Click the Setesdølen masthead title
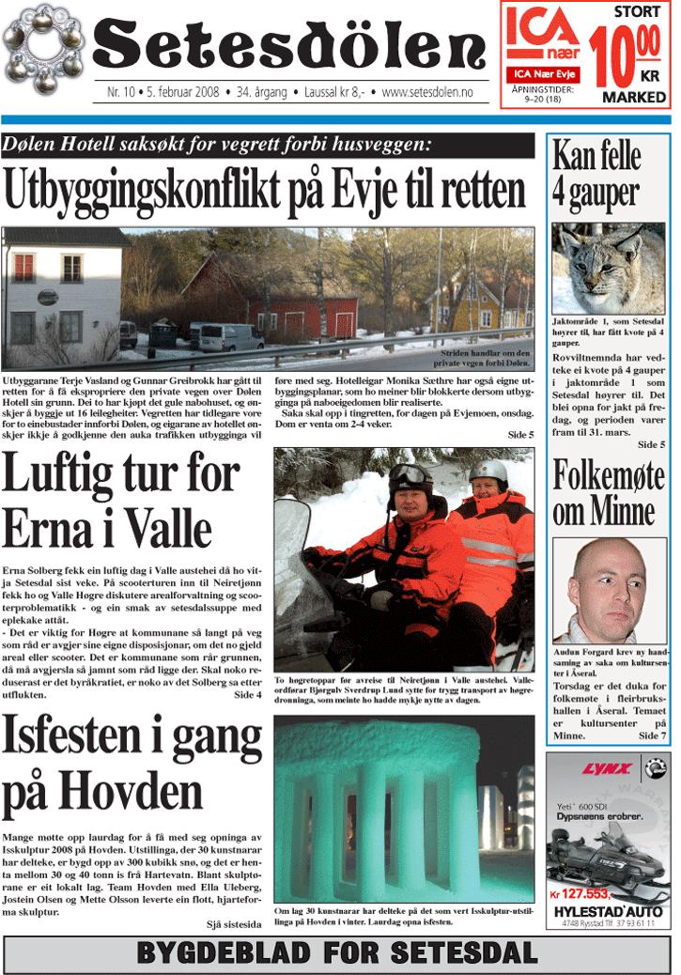(291, 47)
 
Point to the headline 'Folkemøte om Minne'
(604, 494)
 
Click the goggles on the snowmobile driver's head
(410, 475)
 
